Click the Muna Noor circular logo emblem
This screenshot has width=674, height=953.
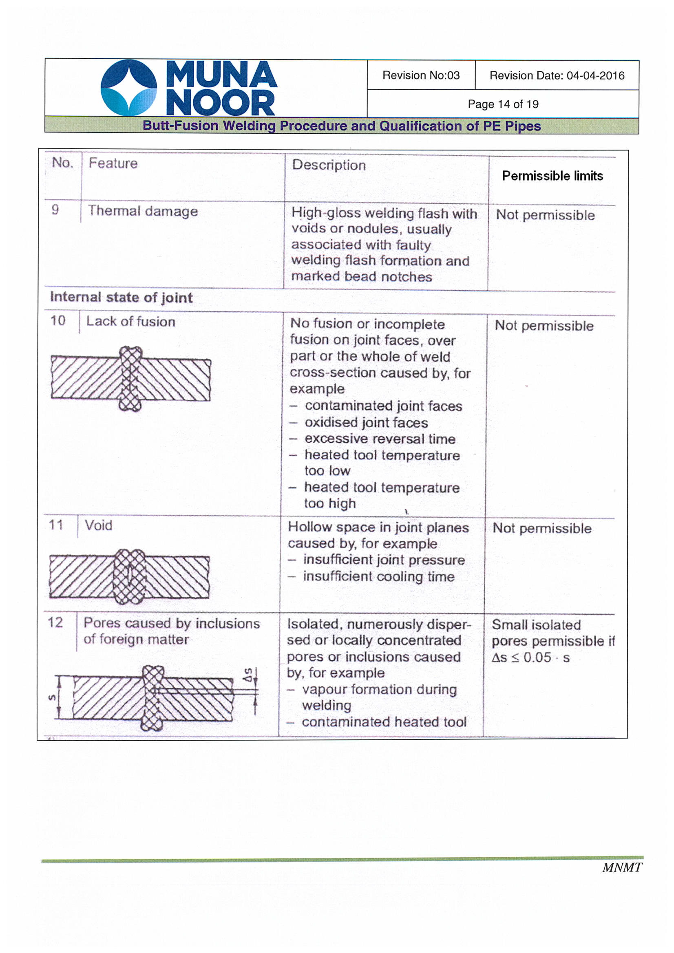click(129, 88)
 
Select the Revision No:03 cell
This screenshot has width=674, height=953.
click(421, 75)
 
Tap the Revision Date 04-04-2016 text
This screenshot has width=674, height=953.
click(557, 75)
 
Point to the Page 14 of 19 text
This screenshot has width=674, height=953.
click(503, 104)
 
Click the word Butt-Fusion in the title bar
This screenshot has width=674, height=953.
click(180, 126)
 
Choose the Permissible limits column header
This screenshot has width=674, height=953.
click(552, 176)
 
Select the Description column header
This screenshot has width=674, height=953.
click(329, 165)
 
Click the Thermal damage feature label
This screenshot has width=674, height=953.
click(143, 211)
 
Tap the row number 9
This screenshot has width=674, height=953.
click(55, 210)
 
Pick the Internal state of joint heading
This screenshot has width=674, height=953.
click(121, 297)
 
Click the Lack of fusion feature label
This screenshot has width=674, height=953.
click(130, 321)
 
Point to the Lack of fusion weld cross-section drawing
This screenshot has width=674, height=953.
click(131, 379)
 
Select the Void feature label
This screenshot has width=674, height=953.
click(98, 525)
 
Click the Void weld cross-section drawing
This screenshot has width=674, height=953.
click(129, 576)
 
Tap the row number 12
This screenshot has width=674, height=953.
click(55, 622)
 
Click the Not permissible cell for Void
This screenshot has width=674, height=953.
click(542, 528)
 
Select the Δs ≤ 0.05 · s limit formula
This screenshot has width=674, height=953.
click(530, 657)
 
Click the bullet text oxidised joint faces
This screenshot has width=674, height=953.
click(366, 423)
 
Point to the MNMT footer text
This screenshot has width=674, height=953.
click(622, 867)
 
